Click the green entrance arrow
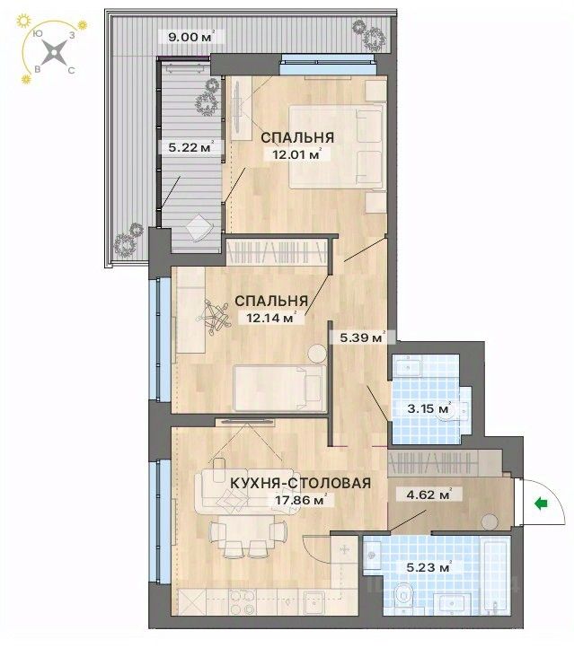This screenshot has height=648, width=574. (x=541, y=504)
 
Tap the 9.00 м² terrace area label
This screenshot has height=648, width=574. (x=191, y=37)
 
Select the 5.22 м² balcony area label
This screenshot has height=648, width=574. (x=191, y=146)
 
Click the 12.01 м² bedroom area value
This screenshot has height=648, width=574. (x=296, y=155)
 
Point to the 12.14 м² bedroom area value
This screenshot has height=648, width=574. (x=271, y=318)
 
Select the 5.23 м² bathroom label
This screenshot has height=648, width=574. (x=428, y=567)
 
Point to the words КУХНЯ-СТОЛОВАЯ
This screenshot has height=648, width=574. (x=300, y=483)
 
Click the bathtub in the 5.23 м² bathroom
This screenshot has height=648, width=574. (x=496, y=574)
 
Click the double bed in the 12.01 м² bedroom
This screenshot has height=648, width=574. (x=335, y=146)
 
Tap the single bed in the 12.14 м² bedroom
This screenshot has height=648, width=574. (x=279, y=388)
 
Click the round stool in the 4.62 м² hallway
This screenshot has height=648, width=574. (x=490, y=521)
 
